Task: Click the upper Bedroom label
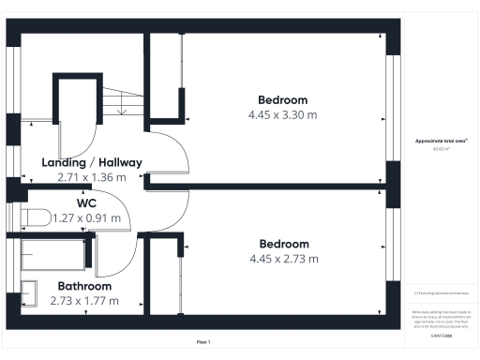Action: (282, 99)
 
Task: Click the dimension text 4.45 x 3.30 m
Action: (282, 114)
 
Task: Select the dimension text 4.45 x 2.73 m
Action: (282, 259)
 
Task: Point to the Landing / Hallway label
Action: (92, 162)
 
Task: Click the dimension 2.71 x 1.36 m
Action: (92, 176)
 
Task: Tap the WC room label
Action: (89, 202)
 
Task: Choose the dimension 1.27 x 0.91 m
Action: (87, 218)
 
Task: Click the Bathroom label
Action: (84, 286)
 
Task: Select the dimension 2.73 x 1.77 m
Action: (84, 301)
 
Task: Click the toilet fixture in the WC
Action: (35, 217)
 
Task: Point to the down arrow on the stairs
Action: (121, 109)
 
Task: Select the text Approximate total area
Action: (440, 141)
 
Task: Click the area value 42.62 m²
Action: (441, 149)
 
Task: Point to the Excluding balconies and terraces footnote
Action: (441, 293)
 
